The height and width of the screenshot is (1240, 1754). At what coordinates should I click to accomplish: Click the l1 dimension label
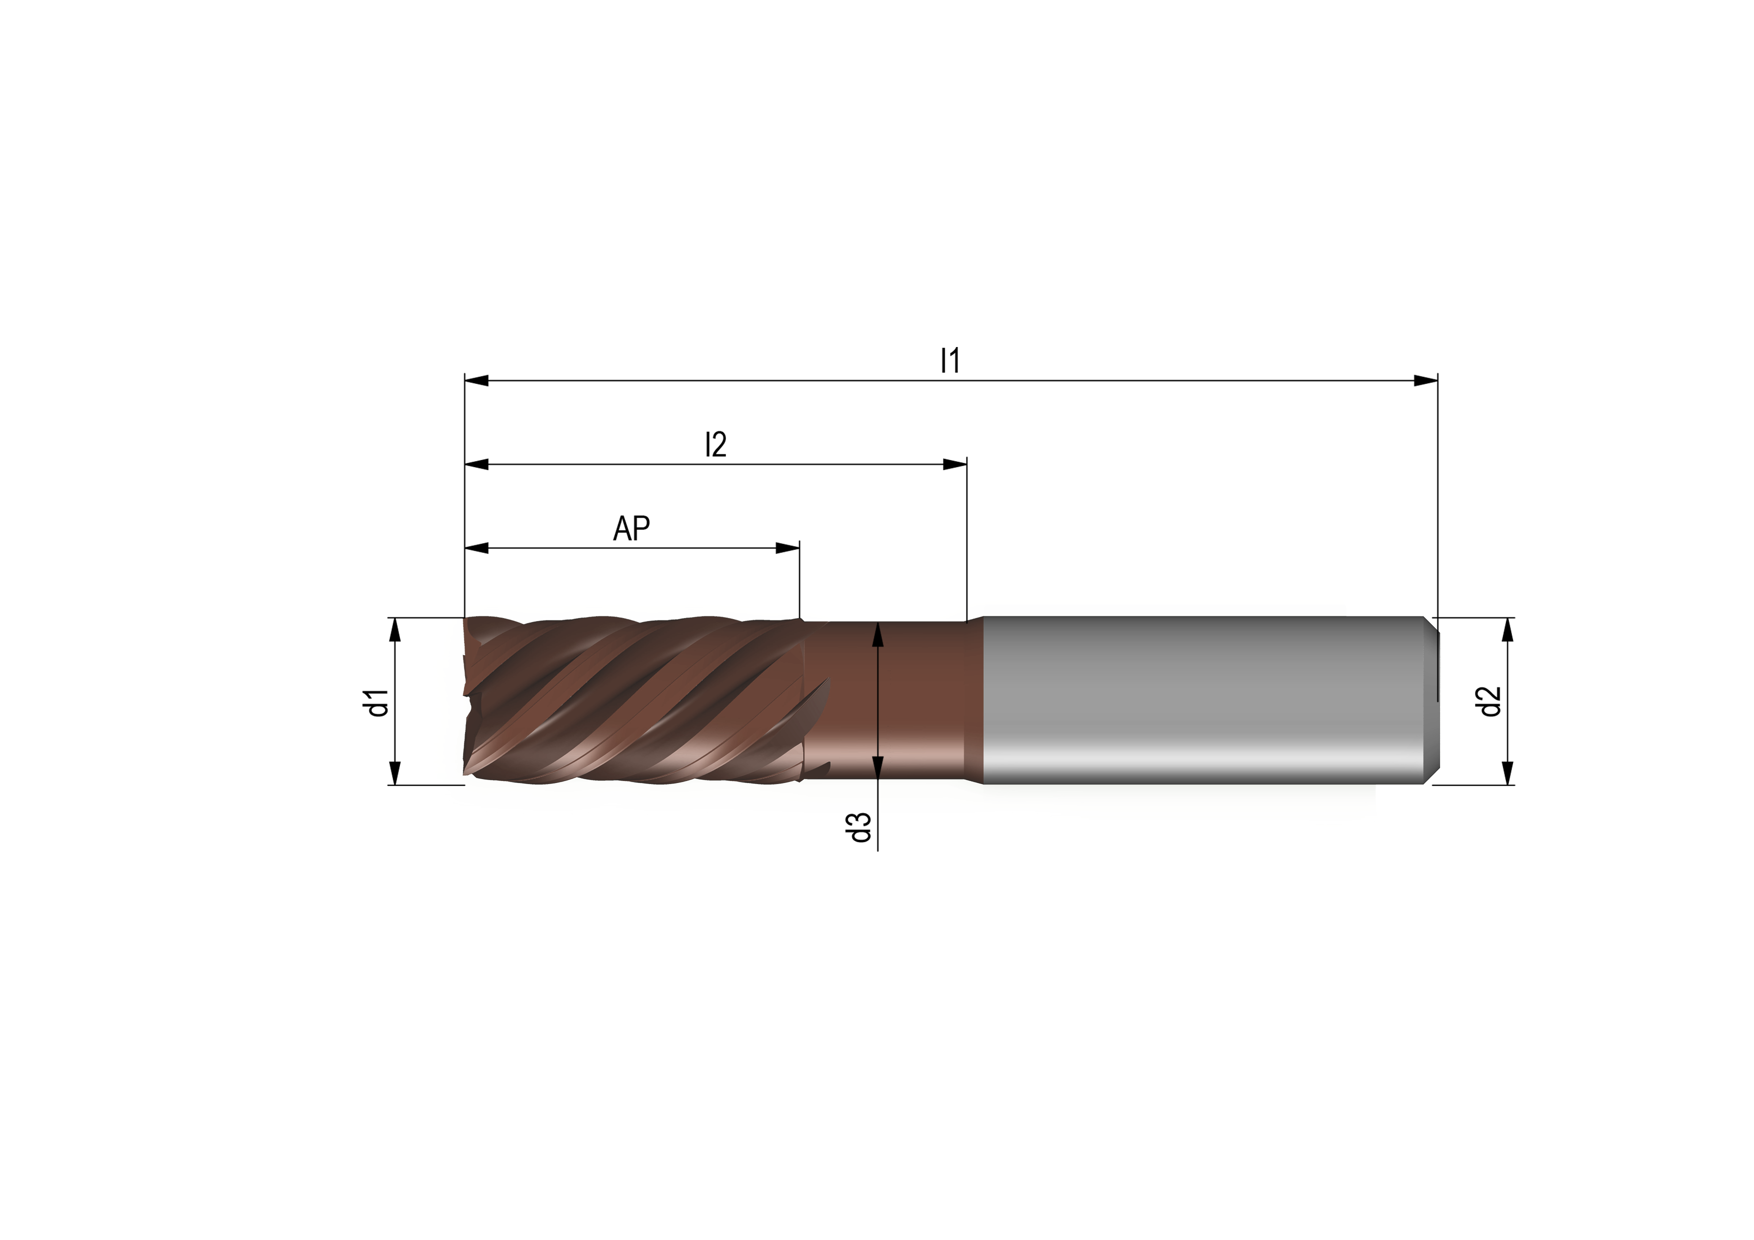949,360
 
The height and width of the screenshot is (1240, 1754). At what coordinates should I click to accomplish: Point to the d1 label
378,702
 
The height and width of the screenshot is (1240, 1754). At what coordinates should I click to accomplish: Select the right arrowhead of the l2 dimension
955,464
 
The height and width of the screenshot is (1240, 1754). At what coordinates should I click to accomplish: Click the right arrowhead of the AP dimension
787,548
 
